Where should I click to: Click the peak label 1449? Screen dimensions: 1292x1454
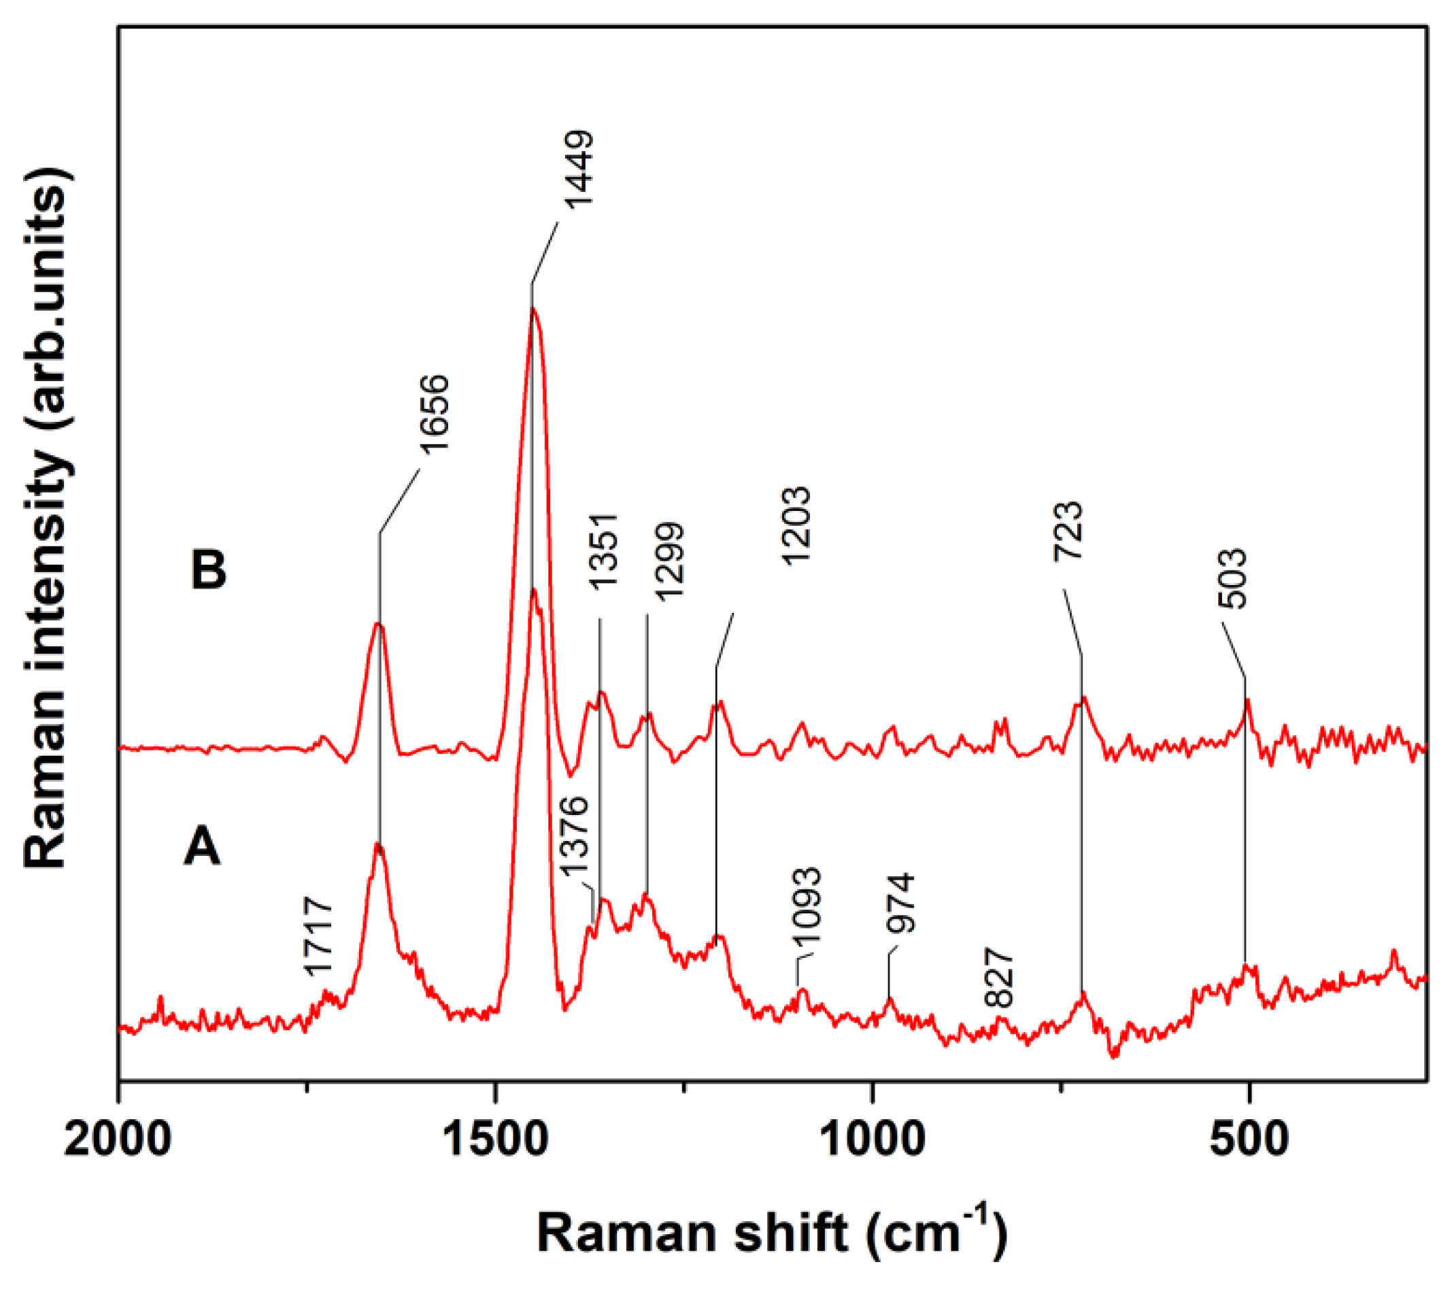point(578,169)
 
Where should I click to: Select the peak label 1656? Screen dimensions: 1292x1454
point(434,414)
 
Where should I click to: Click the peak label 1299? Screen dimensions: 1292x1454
point(669,562)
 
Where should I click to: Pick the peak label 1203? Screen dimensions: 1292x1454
point(796,526)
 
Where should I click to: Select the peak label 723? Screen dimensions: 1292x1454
point(1068,531)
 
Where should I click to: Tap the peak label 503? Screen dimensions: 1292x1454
point(1233,578)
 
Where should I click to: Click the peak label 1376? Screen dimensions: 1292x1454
point(573,839)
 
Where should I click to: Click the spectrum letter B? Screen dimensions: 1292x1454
point(208,571)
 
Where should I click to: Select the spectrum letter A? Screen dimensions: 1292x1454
point(202,848)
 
